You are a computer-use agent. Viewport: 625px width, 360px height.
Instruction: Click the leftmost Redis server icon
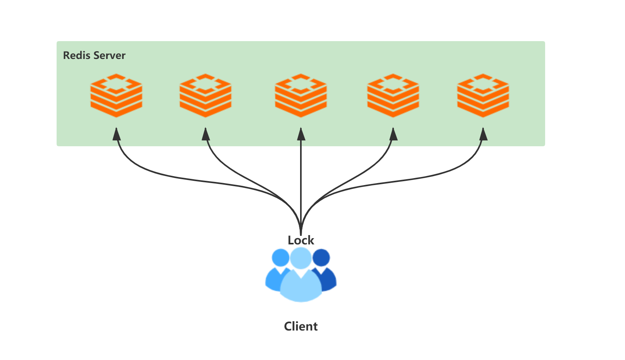click(116, 95)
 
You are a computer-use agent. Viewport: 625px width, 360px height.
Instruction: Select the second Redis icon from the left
click(205, 95)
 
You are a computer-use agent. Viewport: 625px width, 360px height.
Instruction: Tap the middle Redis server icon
click(301, 95)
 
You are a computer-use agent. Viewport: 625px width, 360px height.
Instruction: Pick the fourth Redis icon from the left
click(393, 95)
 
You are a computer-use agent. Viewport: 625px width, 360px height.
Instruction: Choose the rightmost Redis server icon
click(483, 95)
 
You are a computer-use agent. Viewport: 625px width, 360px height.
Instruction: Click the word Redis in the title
click(77, 55)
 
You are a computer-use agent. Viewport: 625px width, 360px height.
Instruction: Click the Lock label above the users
click(301, 240)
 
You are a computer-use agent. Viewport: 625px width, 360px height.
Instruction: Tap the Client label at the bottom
click(301, 326)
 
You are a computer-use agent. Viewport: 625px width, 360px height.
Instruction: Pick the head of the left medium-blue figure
click(280, 258)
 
